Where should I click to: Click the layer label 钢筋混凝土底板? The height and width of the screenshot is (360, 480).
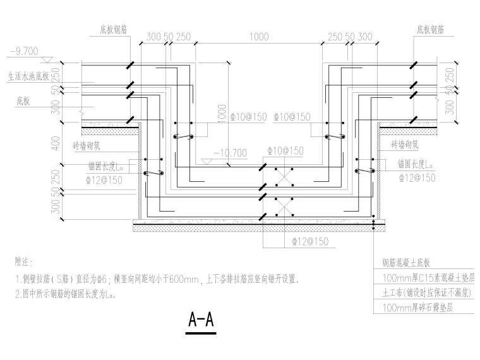(406, 263)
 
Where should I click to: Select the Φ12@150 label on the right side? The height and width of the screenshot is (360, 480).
(417, 179)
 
